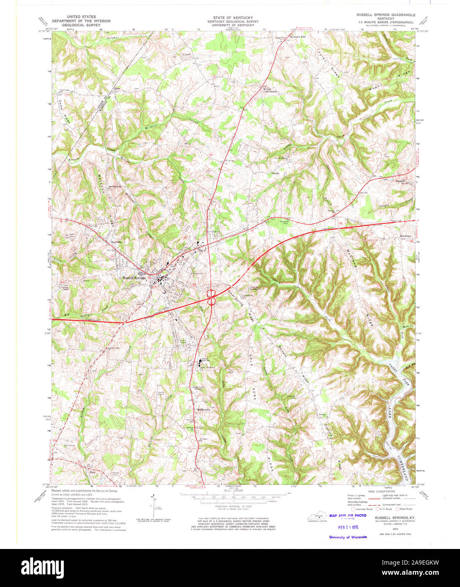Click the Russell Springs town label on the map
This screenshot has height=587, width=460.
[x=134, y=278]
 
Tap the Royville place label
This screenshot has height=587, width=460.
[x=116, y=242]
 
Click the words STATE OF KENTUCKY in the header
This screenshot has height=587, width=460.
[x=230, y=17]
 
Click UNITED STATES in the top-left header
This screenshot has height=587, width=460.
[x=81, y=17]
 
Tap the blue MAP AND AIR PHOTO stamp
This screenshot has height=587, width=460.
[x=348, y=516]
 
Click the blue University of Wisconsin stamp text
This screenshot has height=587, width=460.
[x=348, y=537]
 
